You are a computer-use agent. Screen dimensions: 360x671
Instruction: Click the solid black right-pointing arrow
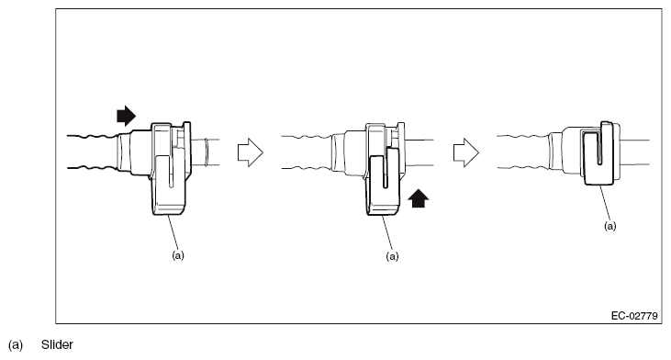click(125, 116)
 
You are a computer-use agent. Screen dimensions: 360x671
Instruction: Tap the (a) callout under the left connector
click(179, 255)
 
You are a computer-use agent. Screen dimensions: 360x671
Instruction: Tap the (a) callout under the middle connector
click(393, 256)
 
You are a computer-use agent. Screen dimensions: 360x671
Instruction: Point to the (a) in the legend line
click(16, 345)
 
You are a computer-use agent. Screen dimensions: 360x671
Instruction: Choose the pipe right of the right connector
click(638, 152)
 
